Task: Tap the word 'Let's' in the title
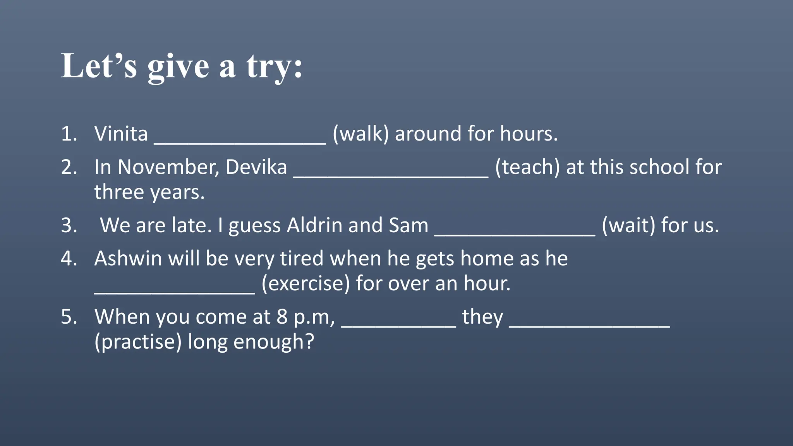pyautogui.click(x=99, y=66)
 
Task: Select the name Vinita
pyautogui.click(x=121, y=134)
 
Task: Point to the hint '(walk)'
pyautogui.click(x=360, y=134)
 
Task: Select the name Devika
pyautogui.click(x=256, y=167)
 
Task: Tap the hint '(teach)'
pyautogui.click(x=527, y=167)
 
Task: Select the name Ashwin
pyautogui.click(x=128, y=259)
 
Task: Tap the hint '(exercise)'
pyautogui.click(x=306, y=283)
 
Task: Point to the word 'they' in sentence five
pyautogui.click(x=482, y=317)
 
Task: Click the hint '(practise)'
pyautogui.click(x=138, y=342)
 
